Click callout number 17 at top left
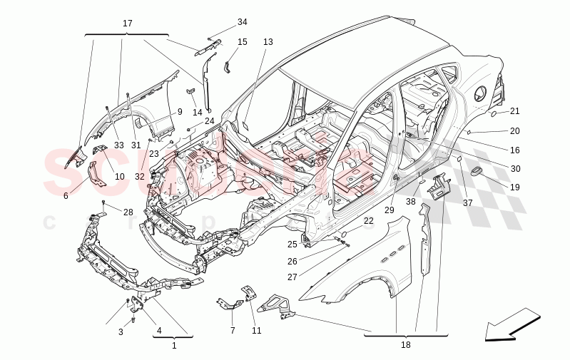click(127, 24)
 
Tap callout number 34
click(243, 22)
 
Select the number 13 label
click(268, 42)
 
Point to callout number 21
click(514, 111)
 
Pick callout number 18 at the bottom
click(406, 345)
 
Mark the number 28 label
click(128, 212)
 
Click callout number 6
click(66, 195)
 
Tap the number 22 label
click(368, 221)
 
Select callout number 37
click(468, 203)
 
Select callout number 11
click(256, 331)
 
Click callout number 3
click(121, 332)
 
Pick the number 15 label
click(243, 42)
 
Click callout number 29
click(389, 210)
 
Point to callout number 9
click(180, 111)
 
